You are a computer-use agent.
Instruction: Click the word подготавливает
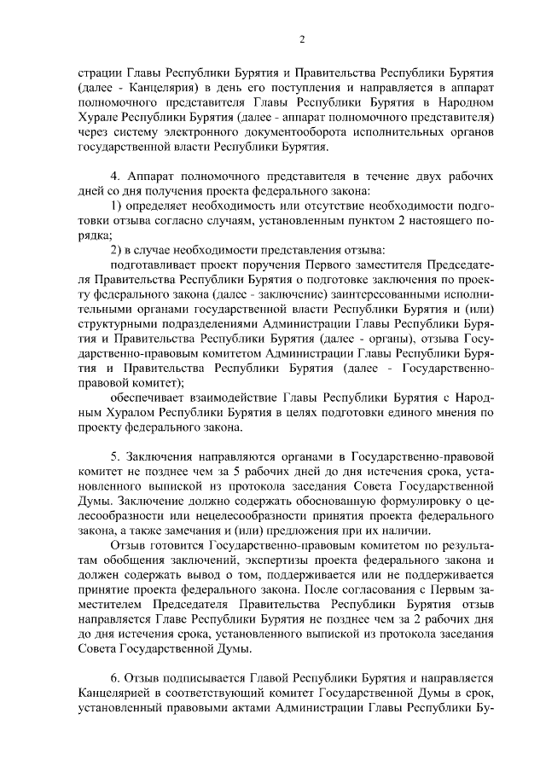(x=155, y=265)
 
